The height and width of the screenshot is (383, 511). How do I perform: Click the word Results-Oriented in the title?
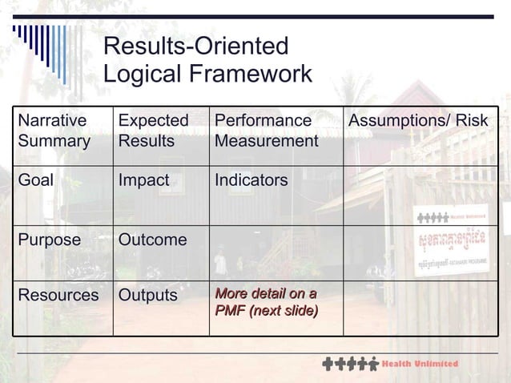tap(196, 46)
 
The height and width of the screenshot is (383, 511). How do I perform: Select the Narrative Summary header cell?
tap(54, 131)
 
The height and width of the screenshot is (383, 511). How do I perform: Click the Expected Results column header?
tap(154, 131)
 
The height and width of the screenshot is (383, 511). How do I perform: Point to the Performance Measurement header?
tap(266, 131)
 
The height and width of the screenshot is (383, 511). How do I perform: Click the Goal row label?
tap(36, 180)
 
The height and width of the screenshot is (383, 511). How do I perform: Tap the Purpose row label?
tap(50, 240)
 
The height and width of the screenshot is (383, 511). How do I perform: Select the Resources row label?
tap(58, 295)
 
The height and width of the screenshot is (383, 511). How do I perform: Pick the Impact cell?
tap(144, 180)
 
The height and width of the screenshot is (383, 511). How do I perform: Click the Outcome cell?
tap(153, 240)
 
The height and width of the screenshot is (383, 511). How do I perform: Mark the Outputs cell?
tap(148, 295)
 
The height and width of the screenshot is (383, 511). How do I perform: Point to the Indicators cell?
tap(251, 180)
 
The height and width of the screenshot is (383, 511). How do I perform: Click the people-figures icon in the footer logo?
tap(350, 365)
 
